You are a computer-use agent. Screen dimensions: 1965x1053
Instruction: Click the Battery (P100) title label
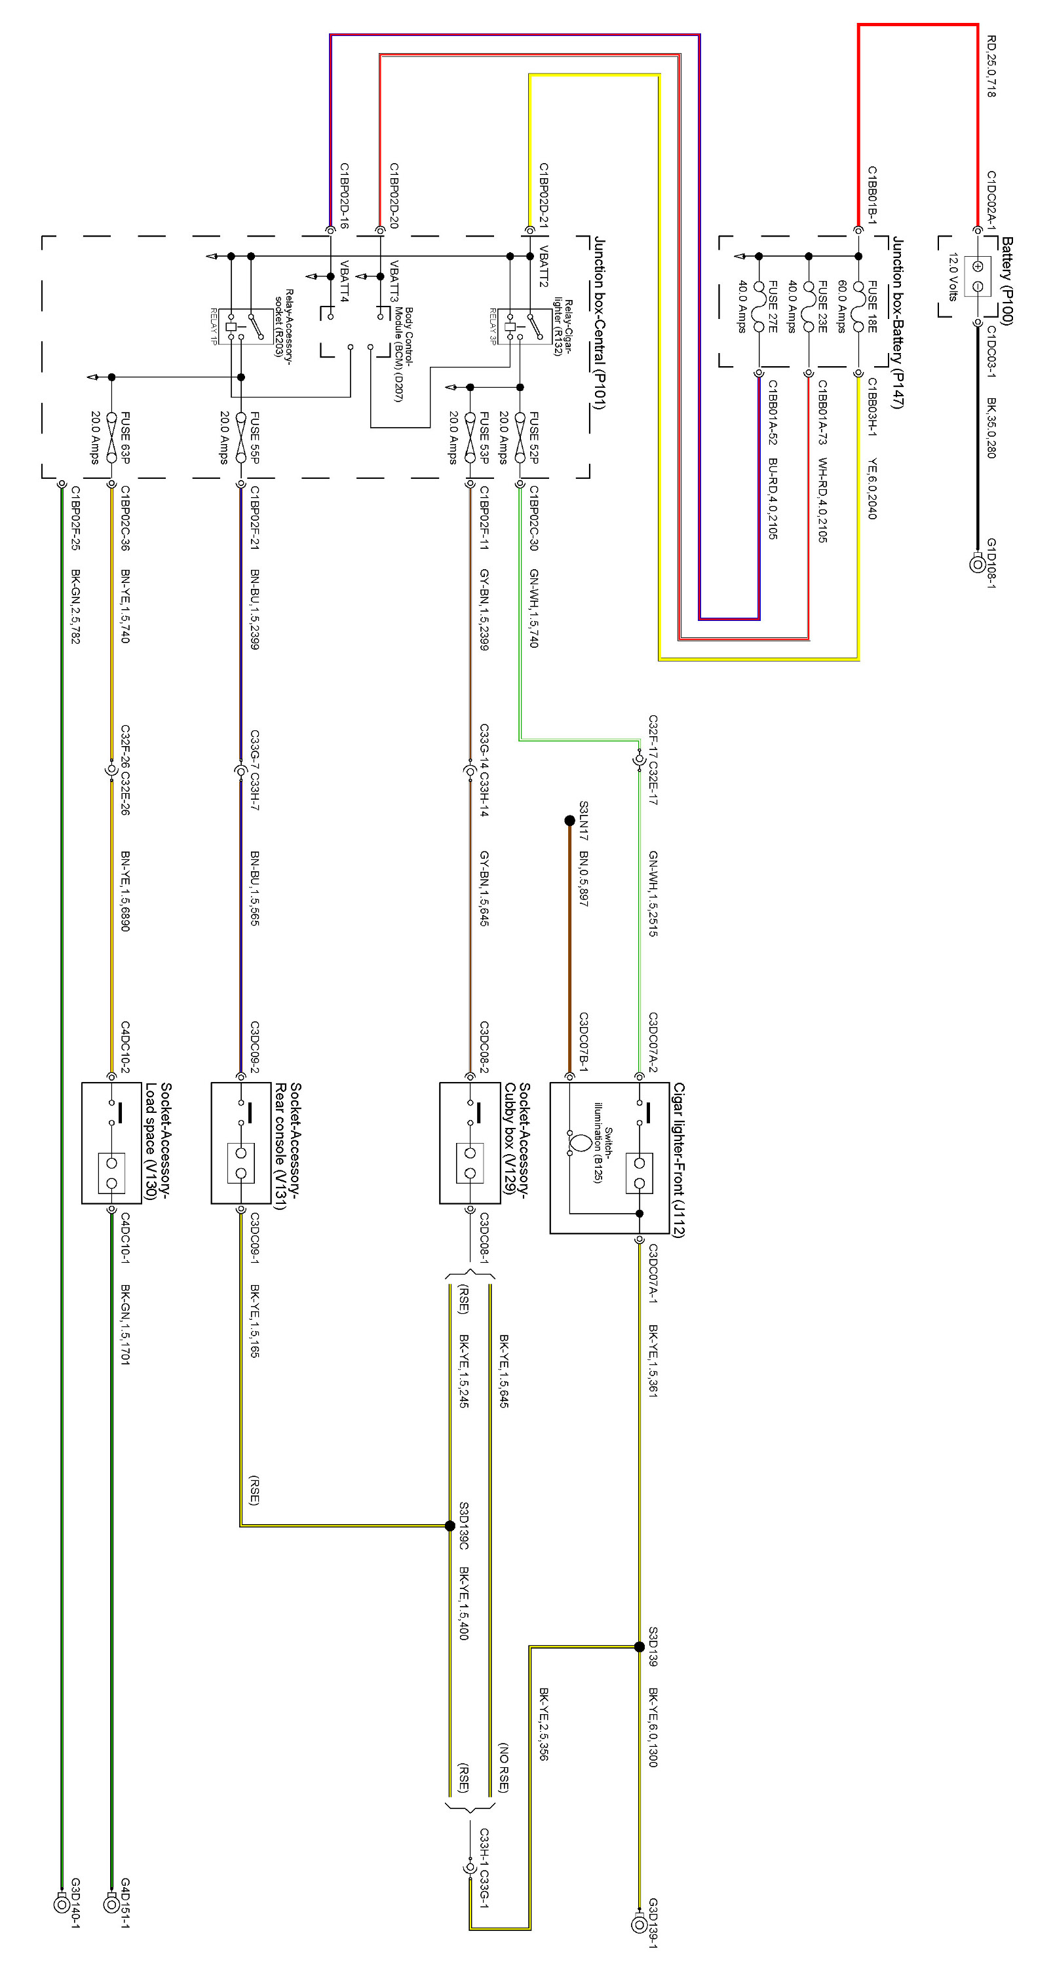[1007, 281]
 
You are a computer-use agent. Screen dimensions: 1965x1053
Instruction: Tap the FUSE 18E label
[872, 307]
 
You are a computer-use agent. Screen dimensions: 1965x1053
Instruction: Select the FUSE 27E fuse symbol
[759, 306]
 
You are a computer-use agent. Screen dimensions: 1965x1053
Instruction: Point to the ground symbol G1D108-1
[977, 565]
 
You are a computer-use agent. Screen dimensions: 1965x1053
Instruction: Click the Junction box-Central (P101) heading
[600, 322]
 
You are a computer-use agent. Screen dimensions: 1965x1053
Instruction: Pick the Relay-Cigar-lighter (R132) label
[562, 326]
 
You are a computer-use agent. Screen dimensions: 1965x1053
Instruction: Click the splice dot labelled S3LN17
[569, 821]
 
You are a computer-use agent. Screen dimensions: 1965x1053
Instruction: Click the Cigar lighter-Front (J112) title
[678, 1159]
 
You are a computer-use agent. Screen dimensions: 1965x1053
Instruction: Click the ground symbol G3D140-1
[62, 1904]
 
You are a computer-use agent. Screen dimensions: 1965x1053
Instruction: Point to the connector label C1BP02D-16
[344, 196]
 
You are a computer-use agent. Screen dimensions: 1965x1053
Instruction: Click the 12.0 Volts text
[952, 276]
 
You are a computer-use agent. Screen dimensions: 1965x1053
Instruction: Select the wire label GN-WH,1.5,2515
[653, 893]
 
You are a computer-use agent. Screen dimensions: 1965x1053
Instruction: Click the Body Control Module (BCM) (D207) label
[403, 354]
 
